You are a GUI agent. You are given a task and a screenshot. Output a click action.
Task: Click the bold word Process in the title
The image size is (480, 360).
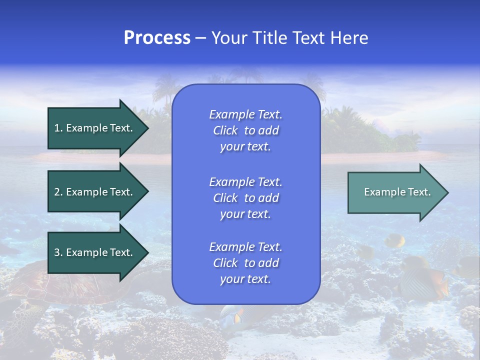[157, 38]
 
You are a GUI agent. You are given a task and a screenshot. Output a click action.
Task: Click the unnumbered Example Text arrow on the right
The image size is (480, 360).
[397, 192]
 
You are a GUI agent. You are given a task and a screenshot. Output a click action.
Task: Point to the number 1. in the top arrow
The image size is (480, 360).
[58, 128]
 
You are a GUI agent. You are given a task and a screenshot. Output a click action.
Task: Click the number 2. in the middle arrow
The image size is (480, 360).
[58, 192]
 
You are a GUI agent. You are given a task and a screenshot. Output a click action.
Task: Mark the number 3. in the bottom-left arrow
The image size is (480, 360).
[58, 252]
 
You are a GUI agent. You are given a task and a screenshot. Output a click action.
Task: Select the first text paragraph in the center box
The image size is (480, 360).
[245, 130]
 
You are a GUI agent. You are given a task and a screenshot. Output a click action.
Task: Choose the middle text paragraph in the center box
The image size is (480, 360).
[245, 198]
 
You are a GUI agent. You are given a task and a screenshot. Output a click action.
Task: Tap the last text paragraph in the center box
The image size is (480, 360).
[245, 263]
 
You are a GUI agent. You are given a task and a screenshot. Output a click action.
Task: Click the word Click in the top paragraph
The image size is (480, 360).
[225, 130]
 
